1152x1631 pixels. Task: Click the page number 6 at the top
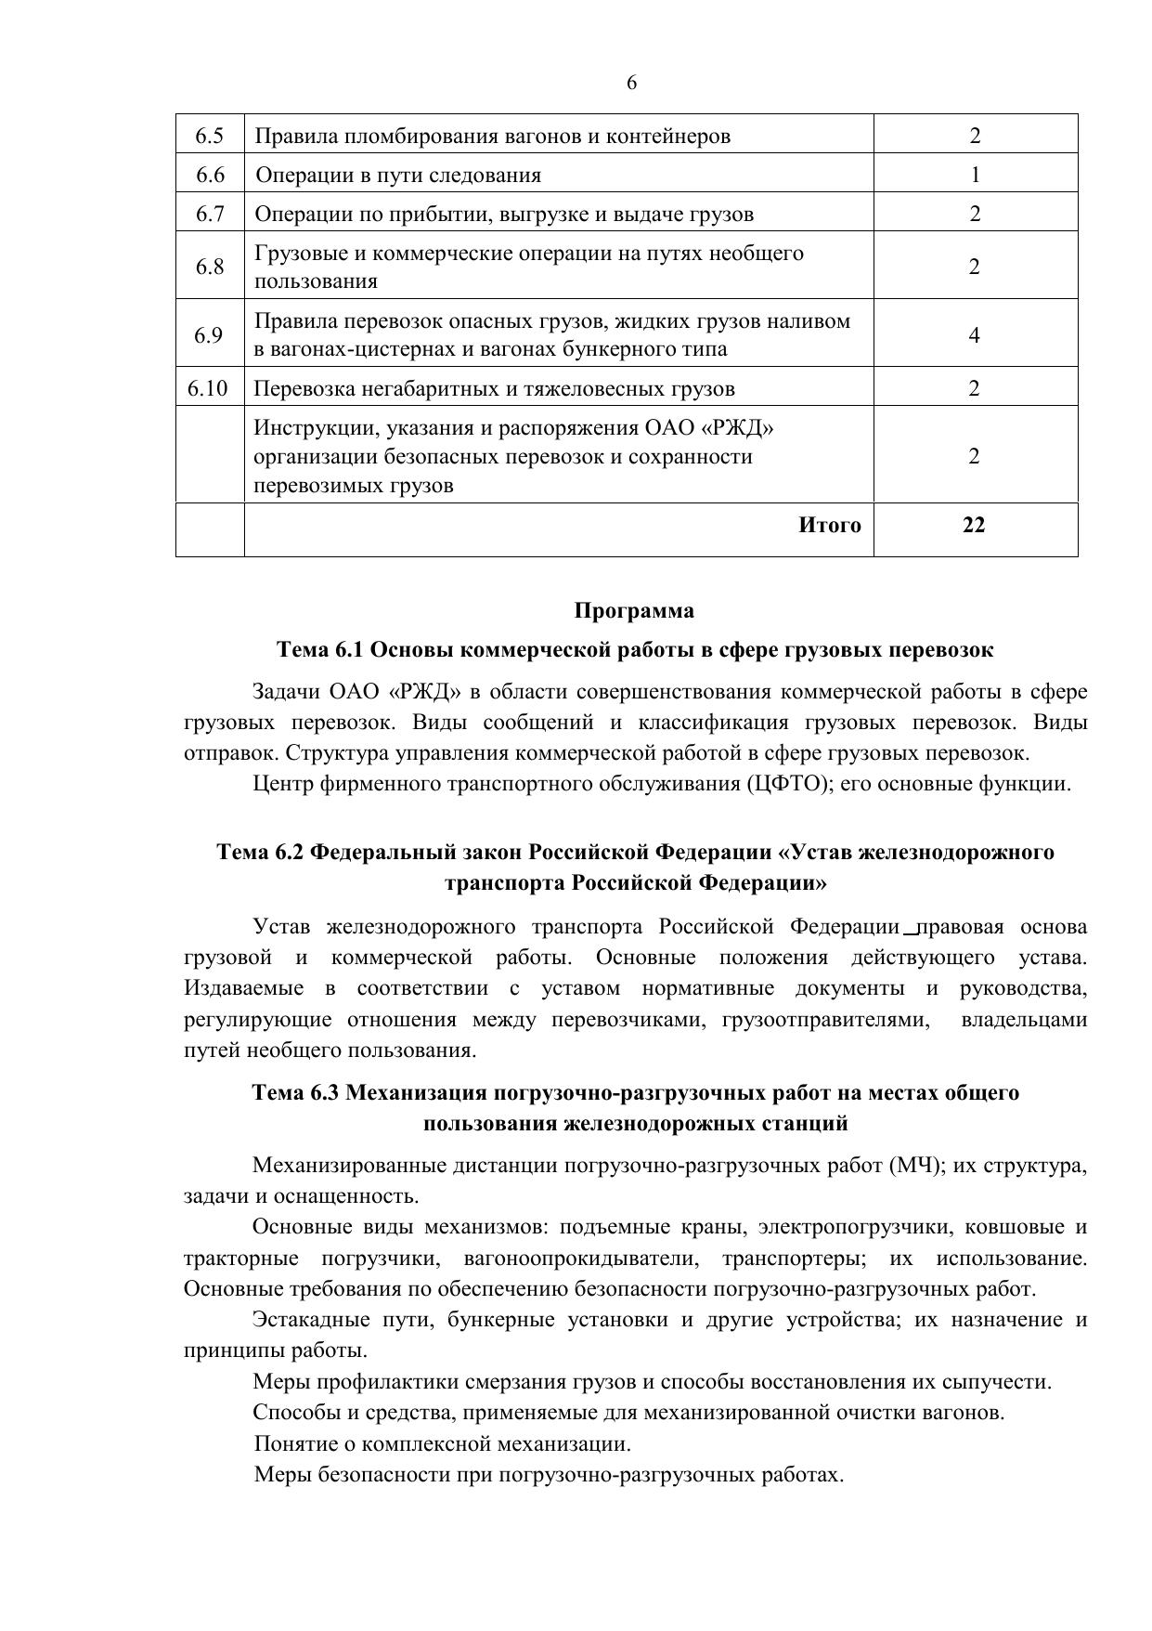[x=631, y=84]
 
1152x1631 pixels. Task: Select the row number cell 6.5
[x=210, y=136]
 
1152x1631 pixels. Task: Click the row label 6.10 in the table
[x=208, y=388]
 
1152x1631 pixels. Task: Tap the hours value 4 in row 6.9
[x=975, y=334]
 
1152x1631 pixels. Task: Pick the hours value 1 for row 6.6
[x=975, y=175]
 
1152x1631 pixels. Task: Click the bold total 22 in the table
[x=974, y=526]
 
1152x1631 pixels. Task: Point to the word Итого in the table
[x=830, y=526]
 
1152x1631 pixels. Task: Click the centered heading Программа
[x=634, y=611]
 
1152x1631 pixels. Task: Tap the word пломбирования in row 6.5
[x=408, y=137]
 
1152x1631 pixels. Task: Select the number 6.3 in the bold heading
[x=323, y=1093]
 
